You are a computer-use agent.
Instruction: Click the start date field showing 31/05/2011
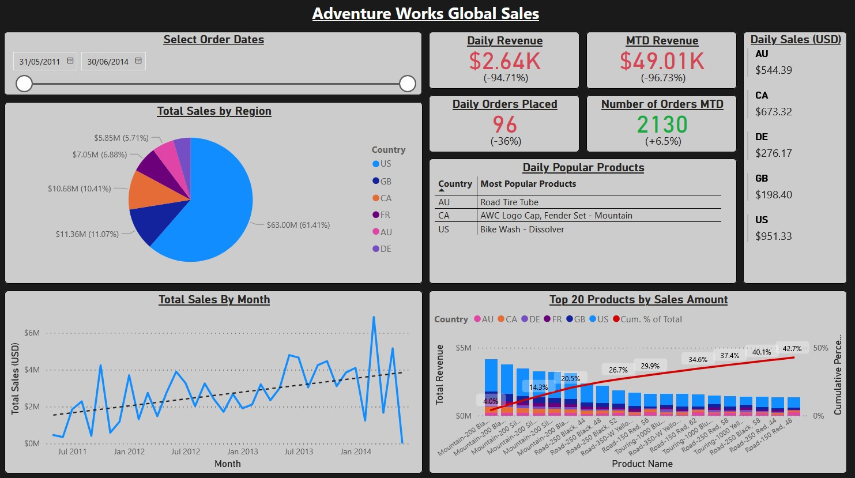pos(40,62)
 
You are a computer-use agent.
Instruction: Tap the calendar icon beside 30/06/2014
pos(138,61)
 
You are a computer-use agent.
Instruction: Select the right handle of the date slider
pos(408,84)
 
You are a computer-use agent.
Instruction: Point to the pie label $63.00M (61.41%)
pos(298,225)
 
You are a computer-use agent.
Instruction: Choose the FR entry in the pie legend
pos(385,215)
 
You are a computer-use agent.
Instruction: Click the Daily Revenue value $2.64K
pos(504,61)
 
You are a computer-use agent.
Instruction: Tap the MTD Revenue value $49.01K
pos(662,61)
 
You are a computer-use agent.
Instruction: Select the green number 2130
pos(662,125)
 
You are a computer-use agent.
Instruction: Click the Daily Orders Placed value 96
pos(505,125)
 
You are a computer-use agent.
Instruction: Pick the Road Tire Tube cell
pos(509,202)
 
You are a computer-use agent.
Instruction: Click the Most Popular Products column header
pos(528,184)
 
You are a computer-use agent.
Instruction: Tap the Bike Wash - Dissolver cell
pos(522,229)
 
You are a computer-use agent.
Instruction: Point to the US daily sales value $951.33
pos(774,236)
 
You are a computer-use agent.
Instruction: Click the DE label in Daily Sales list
pos(762,137)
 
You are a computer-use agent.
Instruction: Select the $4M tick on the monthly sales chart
pos(32,370)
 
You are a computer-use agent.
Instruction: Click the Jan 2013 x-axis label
pos(242,451)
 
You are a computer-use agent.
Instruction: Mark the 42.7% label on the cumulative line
pos(792,349)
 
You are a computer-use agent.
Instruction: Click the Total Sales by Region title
pos(214,111)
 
